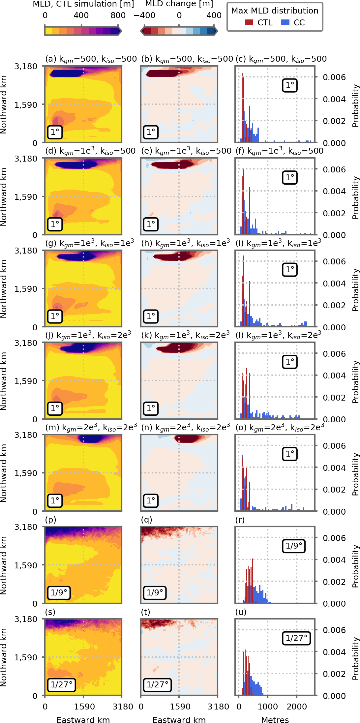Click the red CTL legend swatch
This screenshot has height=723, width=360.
(x=249, y=22)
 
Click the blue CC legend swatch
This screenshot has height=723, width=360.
(x=285, y=22)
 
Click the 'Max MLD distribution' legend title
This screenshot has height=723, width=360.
(x=275, y=11)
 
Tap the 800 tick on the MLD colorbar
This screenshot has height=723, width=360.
(x=118, y=15)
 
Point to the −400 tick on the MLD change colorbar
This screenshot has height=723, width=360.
(x=144, y=15)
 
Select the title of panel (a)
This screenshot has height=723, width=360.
(x=91, y=59)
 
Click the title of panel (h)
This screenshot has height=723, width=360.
(x=186, y=243)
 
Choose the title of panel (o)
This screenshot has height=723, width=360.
(x=280, y=428)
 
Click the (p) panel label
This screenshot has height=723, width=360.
(x=50, y=520)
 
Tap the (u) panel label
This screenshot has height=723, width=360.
(x=241, y=612)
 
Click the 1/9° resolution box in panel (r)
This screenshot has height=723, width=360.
(x=294, y=546)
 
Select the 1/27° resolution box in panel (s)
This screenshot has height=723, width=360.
(x=61, y=684)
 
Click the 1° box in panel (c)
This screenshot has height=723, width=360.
(x=290, y=85)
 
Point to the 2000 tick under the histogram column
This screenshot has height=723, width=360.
(x=297, y=707)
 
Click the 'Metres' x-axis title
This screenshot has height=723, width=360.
(x=275, y=720)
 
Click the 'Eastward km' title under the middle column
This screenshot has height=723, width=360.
(x=179, y=720)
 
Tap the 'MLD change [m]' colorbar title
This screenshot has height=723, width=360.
(x=179, y=4)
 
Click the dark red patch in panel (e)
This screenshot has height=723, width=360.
(x=171, y=164)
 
